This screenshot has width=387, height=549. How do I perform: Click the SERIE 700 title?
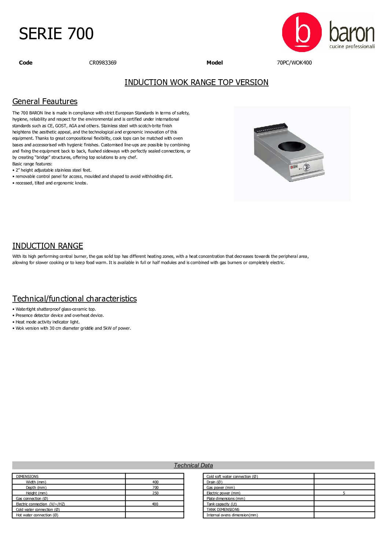(56, 34)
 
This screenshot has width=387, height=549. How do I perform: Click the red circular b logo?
(302, 32)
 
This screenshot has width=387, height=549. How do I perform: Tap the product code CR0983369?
(103, 63)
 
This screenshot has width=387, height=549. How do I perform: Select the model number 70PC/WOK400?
(294, 63)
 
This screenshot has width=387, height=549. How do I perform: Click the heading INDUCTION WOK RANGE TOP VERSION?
(196, 83)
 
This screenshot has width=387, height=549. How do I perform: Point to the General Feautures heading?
(45, 102)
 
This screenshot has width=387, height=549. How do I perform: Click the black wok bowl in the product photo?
(294, 146)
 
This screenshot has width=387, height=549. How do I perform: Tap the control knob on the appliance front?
(306, 168)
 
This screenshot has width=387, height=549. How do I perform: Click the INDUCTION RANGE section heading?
(48, 246)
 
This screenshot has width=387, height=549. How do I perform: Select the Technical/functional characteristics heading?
(74, 299)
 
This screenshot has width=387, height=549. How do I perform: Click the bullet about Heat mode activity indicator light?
(47, 322)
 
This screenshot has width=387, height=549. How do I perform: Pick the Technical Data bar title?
(193, 465)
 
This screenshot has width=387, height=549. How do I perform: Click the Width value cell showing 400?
(155, 482)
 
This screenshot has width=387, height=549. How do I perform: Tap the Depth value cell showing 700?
(155, 488)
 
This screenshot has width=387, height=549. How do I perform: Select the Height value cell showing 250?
(155, 493)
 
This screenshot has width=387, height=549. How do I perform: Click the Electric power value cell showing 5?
(344, 493)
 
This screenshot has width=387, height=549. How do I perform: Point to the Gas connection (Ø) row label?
(32, 499)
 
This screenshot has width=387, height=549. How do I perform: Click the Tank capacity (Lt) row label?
(221, 504)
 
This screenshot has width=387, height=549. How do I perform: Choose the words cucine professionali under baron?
(352, 47)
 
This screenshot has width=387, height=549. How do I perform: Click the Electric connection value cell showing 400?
(155, 504)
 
